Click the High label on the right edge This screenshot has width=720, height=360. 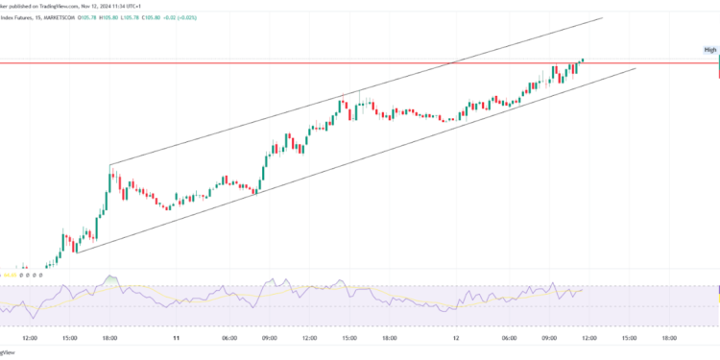(711, 49)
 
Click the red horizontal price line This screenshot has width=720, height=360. (288, 63)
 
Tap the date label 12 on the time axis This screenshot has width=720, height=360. (458, 338)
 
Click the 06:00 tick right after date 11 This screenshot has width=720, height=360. (231, 338)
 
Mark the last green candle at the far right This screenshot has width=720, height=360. (583, 60)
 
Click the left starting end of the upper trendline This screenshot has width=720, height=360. (110, 164)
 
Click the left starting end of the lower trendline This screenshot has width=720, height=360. (77, 253)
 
